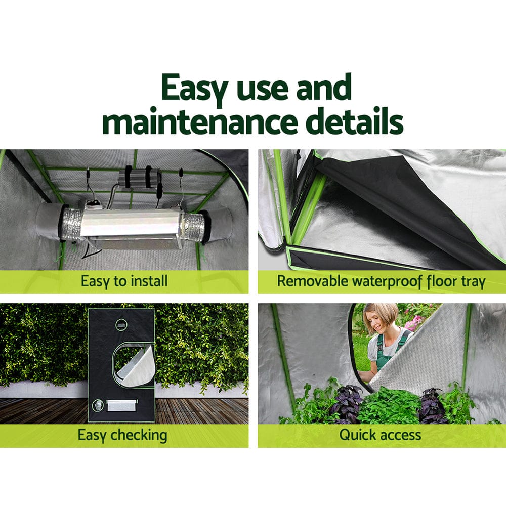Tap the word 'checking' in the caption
[x=140, y=435]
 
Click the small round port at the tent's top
[x=121, y=324]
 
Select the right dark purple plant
[x=431, y=405]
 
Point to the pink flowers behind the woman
[x=414, y=322]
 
